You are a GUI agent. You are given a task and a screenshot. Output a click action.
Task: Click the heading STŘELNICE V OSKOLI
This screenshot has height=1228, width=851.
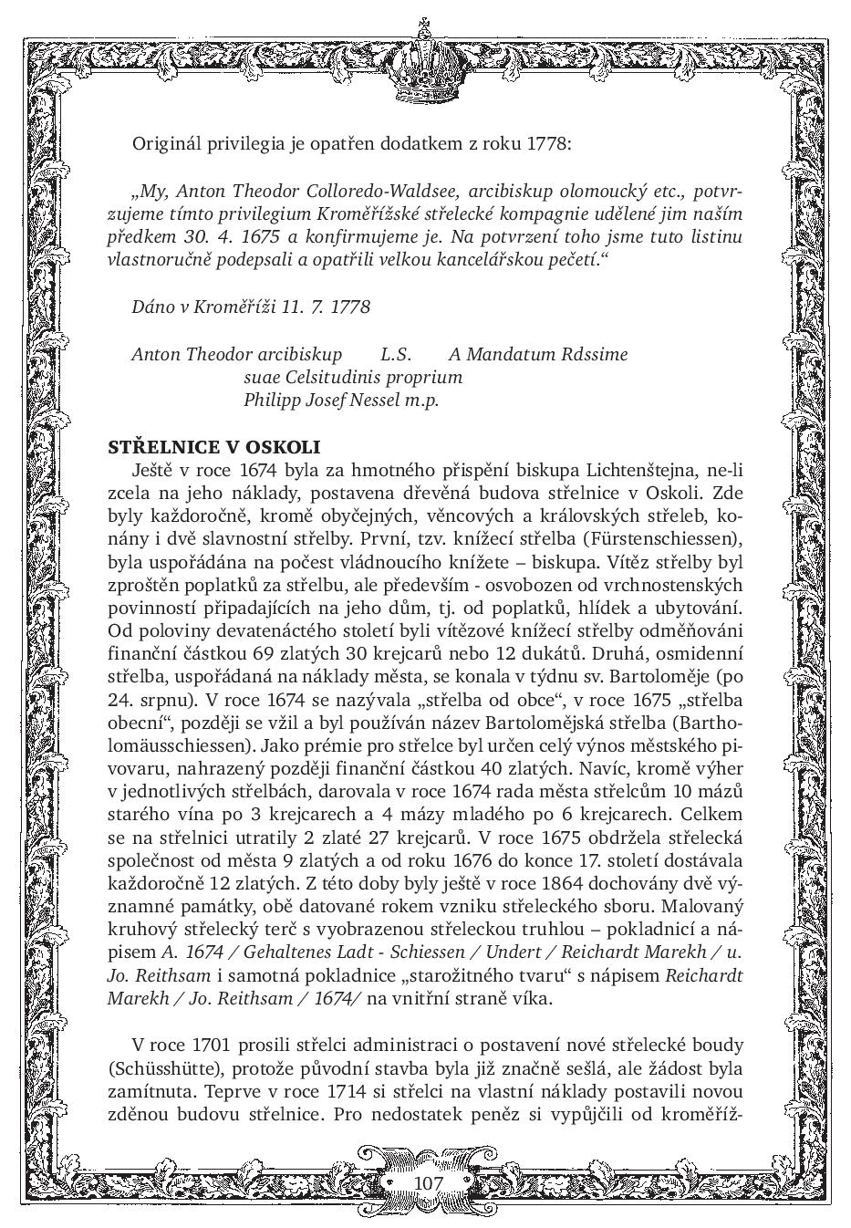point(214,447)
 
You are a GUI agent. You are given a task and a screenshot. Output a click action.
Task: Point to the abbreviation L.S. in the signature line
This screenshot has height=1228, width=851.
point(396,354)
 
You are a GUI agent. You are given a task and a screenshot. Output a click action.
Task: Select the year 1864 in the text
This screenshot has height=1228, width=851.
point(540,883)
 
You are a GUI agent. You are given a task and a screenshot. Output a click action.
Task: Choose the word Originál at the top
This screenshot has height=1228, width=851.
point(167,143)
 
